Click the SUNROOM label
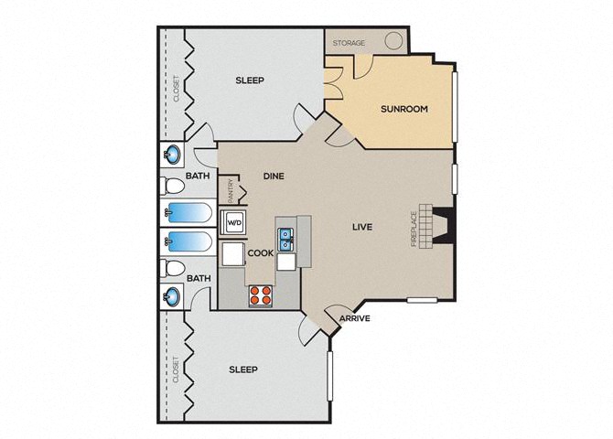404,109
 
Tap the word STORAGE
349,43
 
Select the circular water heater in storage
393,40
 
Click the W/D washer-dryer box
234,223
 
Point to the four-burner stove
261,295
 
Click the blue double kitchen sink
286,240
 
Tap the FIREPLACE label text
414,229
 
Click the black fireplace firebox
443,227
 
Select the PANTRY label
231,191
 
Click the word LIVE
362,227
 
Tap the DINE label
274,177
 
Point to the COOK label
261,253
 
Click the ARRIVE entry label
355,318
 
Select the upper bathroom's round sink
172,155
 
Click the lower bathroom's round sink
172,296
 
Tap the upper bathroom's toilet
172,186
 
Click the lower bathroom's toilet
172,268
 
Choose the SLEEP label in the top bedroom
250,80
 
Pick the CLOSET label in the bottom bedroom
176,369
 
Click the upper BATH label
198,176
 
